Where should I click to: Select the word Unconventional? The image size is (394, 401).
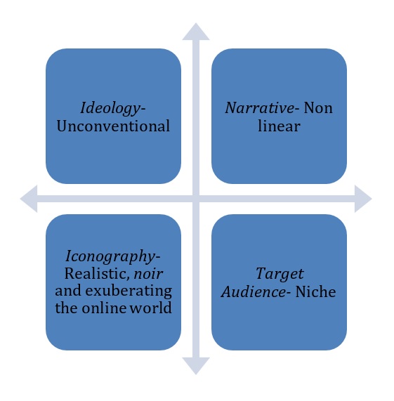tap(113, 126)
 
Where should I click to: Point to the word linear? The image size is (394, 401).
tap(279, 126)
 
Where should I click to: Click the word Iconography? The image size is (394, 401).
tap(111, 256)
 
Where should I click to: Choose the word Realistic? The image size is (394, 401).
tap(95, 273)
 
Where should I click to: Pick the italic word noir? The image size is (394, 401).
tap(148, 274)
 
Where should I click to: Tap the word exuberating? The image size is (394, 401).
tap(129, 291)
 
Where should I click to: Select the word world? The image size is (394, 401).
tap(150, 308)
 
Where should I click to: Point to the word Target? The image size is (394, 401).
tap(280, 275)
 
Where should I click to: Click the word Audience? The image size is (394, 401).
tap(253, 291)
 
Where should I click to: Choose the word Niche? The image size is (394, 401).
tap(315, 291)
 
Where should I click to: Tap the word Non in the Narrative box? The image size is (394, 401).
tap(318, 108)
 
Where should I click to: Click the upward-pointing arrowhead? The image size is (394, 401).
tap(196, 32)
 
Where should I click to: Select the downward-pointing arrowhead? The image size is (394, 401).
tap(196, 366)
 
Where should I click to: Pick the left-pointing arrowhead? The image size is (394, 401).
tap(29, 199)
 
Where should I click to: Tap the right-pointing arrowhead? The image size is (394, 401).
tap(363, 199)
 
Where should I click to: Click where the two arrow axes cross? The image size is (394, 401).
tap(196, 199)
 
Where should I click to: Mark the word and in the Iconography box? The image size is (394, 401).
tap(67, 291)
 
